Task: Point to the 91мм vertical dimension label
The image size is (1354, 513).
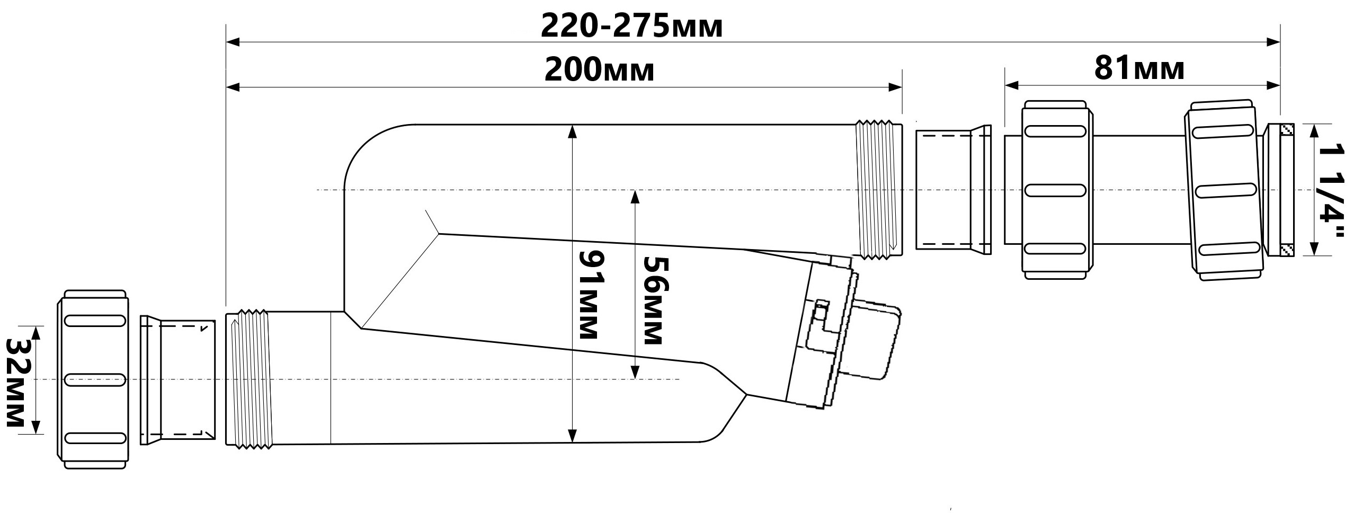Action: click(589, 295)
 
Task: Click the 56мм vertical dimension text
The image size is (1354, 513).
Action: click(656, 300)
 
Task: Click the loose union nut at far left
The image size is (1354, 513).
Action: click(93, 379)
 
